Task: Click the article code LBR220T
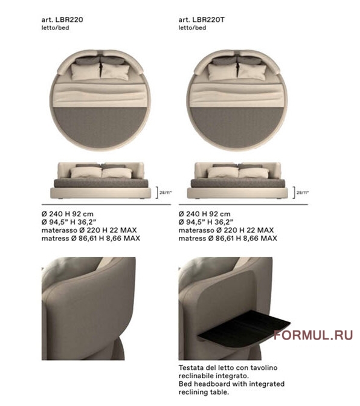tap(208, 20)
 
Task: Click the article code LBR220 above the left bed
tap(69, 20)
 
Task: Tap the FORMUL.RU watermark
tap(313, 335)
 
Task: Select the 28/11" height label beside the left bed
tap(166, 193)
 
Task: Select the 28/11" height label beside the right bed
tap(303, 193)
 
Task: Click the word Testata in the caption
tap(190, 368)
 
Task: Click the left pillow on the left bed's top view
tap(85, 71)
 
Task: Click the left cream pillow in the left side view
tap(86, 172)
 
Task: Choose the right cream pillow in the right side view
tap(254, 173)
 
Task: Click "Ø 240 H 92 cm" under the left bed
tap(67, 214)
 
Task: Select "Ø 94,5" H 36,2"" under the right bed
tap(206, 222)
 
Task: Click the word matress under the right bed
tap(192, 238)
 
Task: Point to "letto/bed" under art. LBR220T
tap(192, 28)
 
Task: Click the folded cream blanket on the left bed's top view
tap(100, 95)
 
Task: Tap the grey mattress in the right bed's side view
tap(238, 183)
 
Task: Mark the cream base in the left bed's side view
tap(100, 193)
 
